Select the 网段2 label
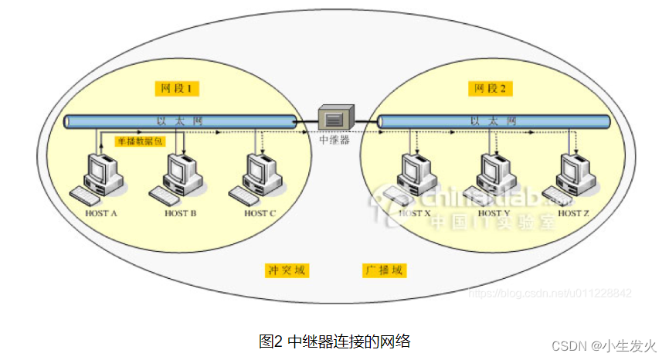pos(490,89)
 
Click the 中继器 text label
pos(335,140)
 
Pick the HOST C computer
pos(260,176)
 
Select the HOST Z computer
pos(572,176)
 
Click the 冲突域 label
pos(287,270)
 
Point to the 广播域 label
pos(385,270)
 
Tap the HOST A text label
pos(101,212)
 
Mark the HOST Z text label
pos(574,212)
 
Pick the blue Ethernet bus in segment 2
pos(494,121)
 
